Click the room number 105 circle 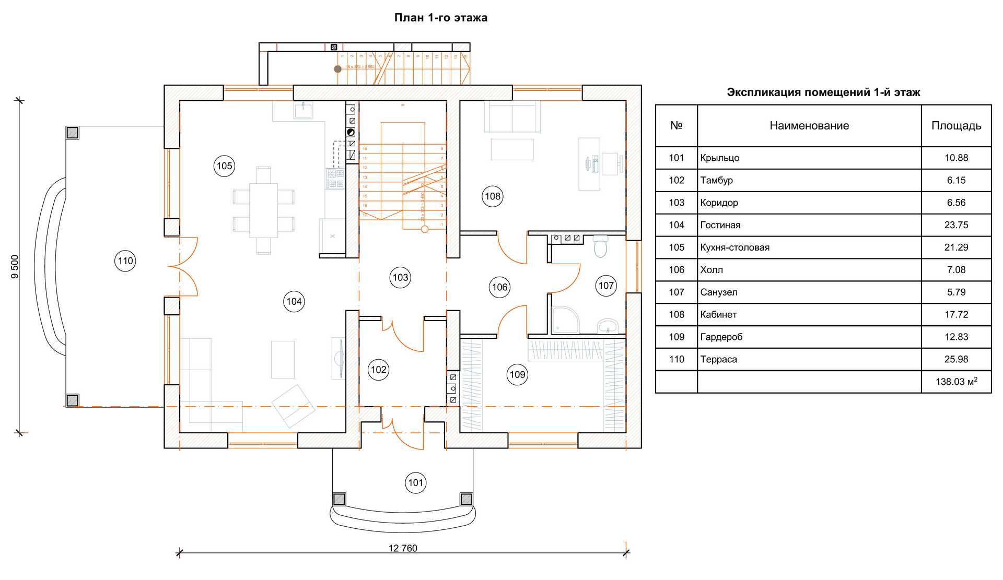click(224, 166)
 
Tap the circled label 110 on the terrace click(125, 261)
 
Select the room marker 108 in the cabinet click(492, 196)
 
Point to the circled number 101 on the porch click(416, 483)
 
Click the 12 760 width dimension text click(403, 548)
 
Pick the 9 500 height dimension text click(15, 266)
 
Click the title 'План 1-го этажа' click(440, 18)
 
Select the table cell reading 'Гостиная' click(720, 225)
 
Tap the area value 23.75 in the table click(956, 225)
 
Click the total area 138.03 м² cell click(956, 382)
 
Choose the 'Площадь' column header click(956, 126)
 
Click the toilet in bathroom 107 click(601, 246)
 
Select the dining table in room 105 click(263, 210)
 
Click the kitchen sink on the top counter click(303, 111)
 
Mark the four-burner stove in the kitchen click(335, 178)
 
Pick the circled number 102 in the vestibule click(378, 370)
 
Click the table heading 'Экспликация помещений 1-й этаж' click(823, 92)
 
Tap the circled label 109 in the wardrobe click(517, 374)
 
